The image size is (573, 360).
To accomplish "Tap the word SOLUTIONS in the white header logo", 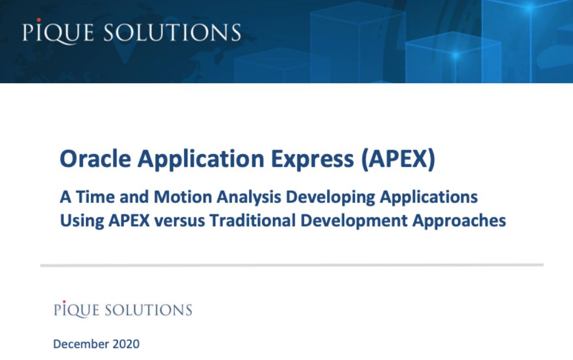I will [172, 32].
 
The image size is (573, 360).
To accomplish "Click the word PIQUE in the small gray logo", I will [76, 310].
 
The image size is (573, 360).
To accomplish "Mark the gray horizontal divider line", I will [292, 265].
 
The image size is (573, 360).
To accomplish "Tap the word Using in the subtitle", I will [81, 221].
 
